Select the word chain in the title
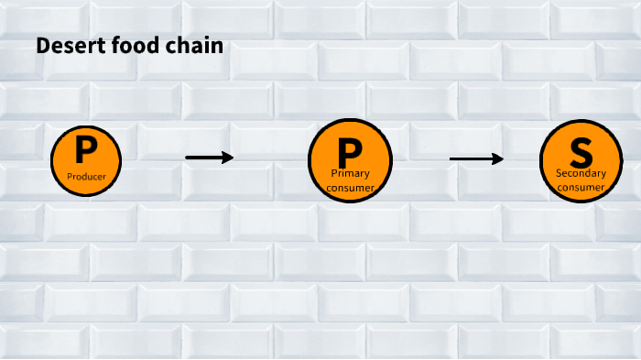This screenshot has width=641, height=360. click(x=198, y=45)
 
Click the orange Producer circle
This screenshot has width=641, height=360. click(x=86, y=159)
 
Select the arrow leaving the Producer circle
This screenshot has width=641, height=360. click(x=209, y=158)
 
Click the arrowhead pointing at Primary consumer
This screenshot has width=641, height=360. click(x=229, y=158)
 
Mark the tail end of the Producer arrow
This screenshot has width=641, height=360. click(x=189, y=158)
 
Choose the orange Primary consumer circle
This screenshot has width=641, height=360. click(x=350, y=161)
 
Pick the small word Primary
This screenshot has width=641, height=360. click(x=350, y=173)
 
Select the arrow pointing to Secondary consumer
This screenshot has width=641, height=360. click(x=476, y=159)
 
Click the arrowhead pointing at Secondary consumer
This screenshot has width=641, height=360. click(x=498, y=159)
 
